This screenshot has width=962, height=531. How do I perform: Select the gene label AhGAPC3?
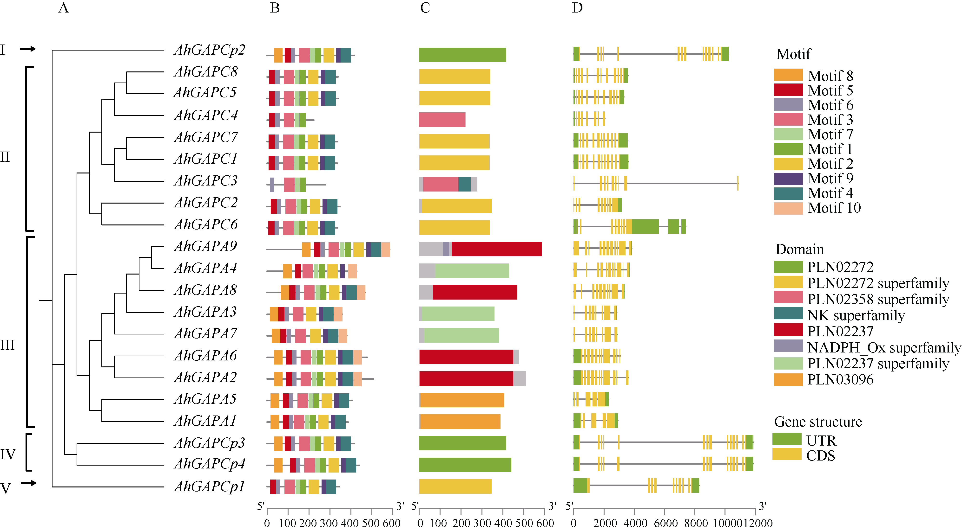tap(206, 181)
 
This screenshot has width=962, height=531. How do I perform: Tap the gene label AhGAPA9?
tap(205, 247)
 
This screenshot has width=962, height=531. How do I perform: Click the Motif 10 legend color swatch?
tap(788, 208)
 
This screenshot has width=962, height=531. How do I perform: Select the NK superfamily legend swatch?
tap(788, 313)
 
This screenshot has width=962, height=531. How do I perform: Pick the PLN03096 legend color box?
tap(788, 379)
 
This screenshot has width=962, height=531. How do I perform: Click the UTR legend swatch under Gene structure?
tap(786, 439)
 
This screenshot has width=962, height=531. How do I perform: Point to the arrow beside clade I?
tap(28, 49)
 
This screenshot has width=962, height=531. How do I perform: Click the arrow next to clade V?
tap(28, 483)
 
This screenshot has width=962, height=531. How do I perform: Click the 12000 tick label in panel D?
tap(758, 523)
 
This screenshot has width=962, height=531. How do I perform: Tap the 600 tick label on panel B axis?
tap(392, 523)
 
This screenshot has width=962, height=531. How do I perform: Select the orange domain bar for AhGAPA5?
tap(461, 400)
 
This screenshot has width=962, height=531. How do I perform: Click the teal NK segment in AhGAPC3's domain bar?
tap(464, 184)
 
